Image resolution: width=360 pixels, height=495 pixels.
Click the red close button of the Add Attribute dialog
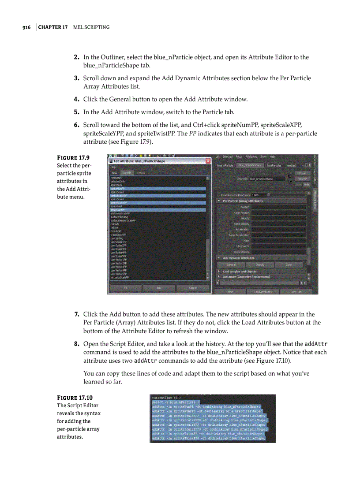coord(208,161)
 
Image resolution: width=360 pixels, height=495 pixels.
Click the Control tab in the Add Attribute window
coord(141,173)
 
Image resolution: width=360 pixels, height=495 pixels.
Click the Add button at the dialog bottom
coord(159,288)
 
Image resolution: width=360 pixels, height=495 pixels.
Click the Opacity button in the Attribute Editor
coord(260,264)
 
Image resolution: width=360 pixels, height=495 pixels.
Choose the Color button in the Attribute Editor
coord(289,264)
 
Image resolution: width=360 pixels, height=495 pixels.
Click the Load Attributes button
coord(262,292)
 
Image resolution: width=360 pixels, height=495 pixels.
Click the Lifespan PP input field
coord(278,246)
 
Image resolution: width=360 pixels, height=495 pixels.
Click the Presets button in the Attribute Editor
coord(302,179)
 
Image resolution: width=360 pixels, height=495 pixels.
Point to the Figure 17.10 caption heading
coord(75,398)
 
